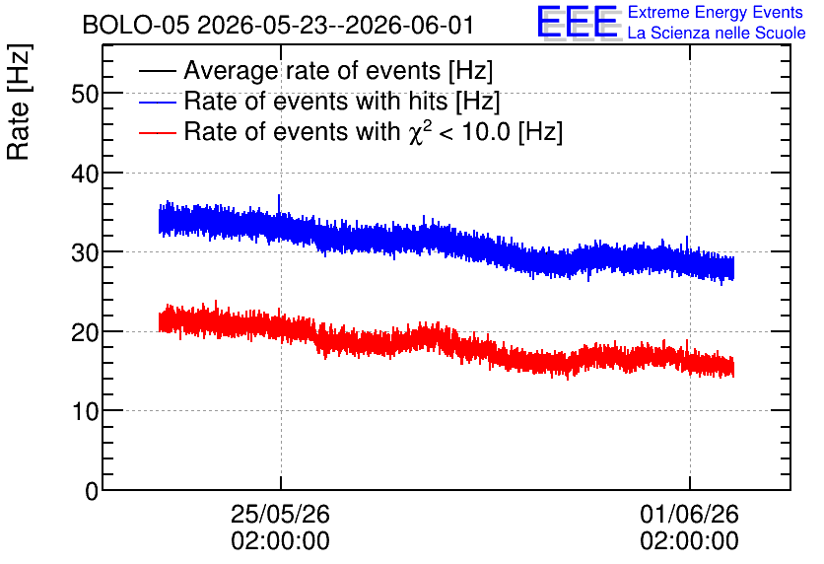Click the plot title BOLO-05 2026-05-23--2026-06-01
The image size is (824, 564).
coord(278,25)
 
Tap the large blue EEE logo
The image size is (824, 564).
coord(578,22)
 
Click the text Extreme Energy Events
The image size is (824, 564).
coord(716,12)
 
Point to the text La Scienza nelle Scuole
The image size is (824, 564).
coord(717,33)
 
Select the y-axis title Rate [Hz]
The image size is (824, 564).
coord(19,102)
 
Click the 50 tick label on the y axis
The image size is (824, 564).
coord(85,95)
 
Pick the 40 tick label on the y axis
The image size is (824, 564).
coord(85,174)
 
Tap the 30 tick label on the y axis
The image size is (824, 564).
coord(85,252)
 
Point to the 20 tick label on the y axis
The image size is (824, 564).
coord(85,332)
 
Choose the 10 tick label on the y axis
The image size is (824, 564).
coord(85,411)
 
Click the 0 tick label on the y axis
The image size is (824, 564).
coord(92,491)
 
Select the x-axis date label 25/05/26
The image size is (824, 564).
coord(280,514)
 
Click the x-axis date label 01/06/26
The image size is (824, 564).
coord(690,514)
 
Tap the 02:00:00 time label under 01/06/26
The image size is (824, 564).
coord(690,540)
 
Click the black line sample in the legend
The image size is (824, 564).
coord(157,71)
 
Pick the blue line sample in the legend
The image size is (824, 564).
coord(157,102)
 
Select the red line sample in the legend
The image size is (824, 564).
coord(157,132)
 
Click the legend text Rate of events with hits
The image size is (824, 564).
coord(315,101)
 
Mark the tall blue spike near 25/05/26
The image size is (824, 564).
coord(279,205)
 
